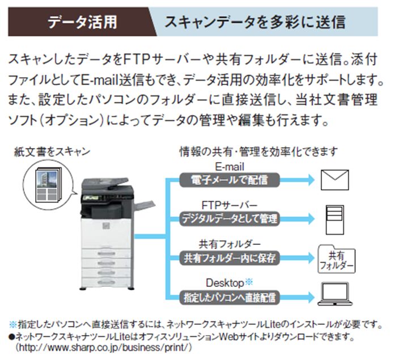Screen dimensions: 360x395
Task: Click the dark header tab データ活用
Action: click(82, 22)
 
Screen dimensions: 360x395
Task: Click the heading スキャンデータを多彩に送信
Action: click(254, 22)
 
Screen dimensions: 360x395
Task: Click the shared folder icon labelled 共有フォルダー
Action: click(337, 259)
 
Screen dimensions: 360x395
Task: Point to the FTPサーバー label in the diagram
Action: click(229, 205)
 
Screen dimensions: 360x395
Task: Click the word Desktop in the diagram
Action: click(224, 282)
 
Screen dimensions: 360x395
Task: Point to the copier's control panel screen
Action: click(92, 198)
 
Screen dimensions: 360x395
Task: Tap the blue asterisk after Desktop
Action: click(248, 281)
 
